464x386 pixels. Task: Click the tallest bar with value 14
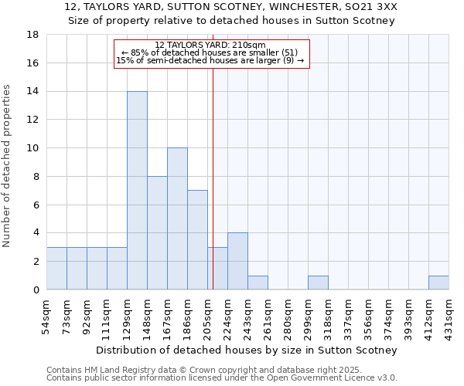137,190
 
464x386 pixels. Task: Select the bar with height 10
177,218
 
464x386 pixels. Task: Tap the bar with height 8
157,232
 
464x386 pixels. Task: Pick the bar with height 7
197,239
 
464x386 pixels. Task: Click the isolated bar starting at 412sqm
438,283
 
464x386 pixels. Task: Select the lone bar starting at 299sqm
318,283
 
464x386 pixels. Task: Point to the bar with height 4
237,261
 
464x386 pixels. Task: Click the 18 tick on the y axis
33,35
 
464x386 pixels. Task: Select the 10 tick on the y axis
33,148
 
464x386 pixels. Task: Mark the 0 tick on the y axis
36,289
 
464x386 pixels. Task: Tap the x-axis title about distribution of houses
247,350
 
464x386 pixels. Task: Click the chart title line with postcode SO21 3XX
232,7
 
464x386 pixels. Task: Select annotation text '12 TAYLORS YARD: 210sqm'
210,45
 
